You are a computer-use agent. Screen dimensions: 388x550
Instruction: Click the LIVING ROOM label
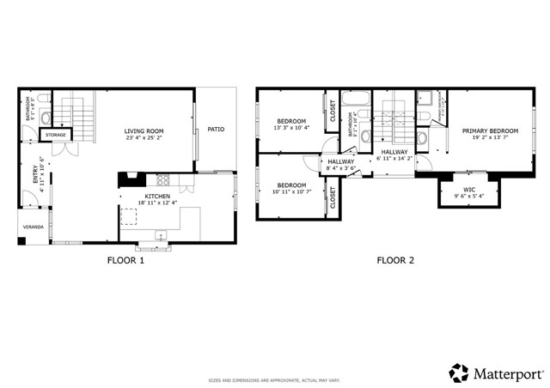(144, 130)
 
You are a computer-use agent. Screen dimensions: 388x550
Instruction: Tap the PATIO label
(216, 130)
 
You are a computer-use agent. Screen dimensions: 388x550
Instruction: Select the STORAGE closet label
(56, 135)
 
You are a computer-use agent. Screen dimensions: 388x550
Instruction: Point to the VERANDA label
(34, 227)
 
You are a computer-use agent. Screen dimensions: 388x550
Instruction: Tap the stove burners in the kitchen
(163, 180)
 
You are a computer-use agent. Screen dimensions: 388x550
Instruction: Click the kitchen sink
(160, 235)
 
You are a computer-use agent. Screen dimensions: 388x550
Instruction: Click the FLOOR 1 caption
(125, 260)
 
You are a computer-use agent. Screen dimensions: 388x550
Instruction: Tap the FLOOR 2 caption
(395, 260)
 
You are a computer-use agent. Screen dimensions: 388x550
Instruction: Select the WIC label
(469, 190)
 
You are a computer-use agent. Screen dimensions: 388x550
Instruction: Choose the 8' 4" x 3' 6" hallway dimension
(341, 168)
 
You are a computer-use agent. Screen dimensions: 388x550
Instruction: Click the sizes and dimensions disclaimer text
(274, 379)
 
